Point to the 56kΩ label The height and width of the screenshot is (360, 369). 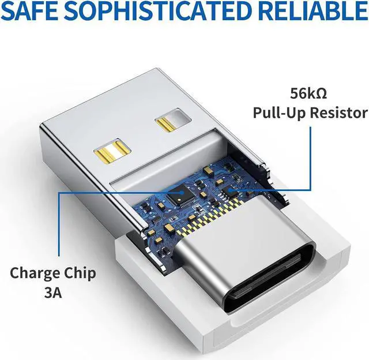point(310,92)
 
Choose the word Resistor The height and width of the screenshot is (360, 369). point(337,112)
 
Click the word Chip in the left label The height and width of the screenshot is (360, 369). point(82,273)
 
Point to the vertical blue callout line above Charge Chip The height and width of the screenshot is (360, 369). point(58,225)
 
